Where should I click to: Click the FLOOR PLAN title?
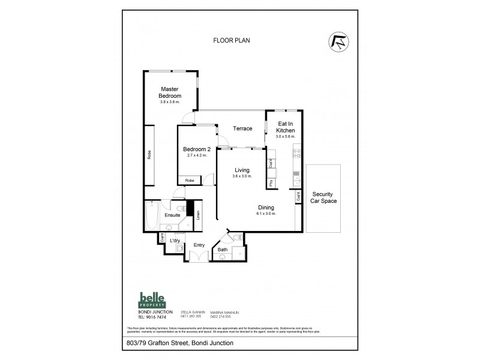coord(232,41)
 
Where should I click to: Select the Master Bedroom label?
coord(170,92)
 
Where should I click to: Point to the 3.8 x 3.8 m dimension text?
coord(170,102)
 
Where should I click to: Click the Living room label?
coord(242,170)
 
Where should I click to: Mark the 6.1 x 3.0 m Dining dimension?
coord(266,214)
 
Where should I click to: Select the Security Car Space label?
coord(324,197)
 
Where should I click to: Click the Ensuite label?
coord(173,214)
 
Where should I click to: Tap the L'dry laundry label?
coord(175,241)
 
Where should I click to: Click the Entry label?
coord(199,245)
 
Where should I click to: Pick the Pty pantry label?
coord(271,183)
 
